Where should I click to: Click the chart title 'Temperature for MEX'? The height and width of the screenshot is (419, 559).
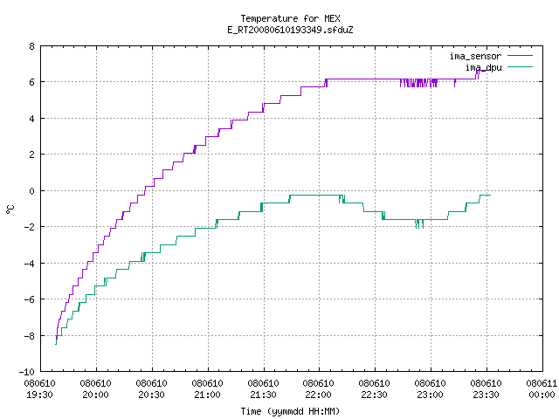tap(290, 18)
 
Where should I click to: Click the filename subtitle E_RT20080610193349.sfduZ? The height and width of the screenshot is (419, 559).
tap(290, 30)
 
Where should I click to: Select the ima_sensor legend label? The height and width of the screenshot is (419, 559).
tap(475, 56)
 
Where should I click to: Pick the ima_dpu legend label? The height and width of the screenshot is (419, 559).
tap(483, 67)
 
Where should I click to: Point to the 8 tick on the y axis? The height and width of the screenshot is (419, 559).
tap(32, 46)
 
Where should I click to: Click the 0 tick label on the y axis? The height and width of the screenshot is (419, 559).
tap(32, 191)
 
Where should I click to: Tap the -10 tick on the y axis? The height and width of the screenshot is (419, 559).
tap(27, 372)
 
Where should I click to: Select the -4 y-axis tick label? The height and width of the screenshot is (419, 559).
tap(29, 264)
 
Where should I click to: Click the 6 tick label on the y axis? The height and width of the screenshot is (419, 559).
tap(32, 82)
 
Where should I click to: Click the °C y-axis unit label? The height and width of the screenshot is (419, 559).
tap(10, 209)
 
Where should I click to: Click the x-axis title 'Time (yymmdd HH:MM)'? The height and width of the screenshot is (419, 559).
tap(290, 411)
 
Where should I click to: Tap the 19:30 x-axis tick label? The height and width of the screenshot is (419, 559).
tap(39, 395)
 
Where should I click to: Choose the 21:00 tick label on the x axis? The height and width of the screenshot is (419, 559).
tap(207, 395)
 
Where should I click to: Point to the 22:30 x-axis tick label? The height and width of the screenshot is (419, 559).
tap(375, 395)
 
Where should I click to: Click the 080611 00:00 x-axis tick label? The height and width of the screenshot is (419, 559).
tap(542, 389)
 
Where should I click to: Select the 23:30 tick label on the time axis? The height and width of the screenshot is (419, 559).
tap(486, 395)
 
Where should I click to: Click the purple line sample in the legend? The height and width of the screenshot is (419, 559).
tap(521, 56)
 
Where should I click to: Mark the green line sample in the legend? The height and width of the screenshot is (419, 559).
tap(521, 66)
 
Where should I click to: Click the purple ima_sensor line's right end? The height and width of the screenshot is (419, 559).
tap(487, 70)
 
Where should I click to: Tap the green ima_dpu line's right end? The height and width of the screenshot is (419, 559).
tap(491, 195)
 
